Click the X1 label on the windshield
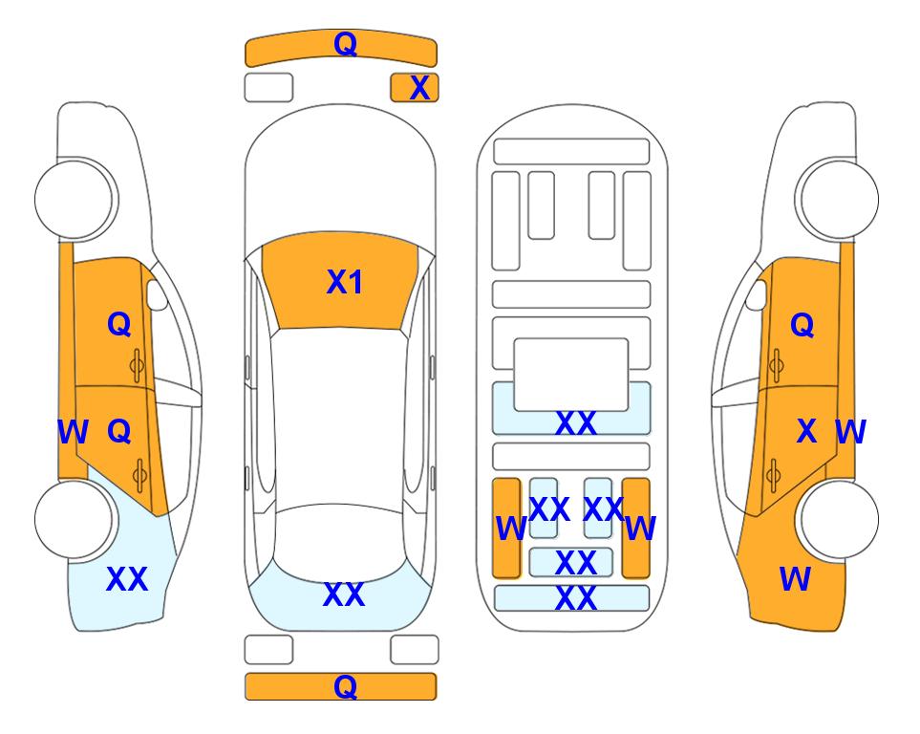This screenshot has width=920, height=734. tap(345, 282)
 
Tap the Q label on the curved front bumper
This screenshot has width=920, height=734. tap(346, 43)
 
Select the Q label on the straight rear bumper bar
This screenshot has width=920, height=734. tap(346, 686)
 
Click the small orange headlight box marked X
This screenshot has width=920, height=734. tap(415, 88)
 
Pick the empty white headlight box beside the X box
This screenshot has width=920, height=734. tap(268, 88)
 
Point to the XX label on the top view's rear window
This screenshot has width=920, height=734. tap(344, 594)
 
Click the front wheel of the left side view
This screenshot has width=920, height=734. tap(75, 200)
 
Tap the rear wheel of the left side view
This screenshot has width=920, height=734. tap(75, 519)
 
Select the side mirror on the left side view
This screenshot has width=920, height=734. tap(157, 294)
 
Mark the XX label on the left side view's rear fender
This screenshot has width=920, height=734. tap(127, 579)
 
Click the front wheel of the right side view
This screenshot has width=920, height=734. tap(838, 200)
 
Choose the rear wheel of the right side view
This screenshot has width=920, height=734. tap(838, 519)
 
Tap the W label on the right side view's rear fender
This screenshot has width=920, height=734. tap(795, 579)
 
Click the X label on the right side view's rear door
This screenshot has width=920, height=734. tap(806, 431)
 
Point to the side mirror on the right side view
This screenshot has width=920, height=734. tap(757, 294)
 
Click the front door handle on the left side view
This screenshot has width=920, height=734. tap(137, 366)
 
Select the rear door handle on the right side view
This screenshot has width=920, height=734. tap(775, 475)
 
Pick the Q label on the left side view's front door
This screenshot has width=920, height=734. tap(119, 324)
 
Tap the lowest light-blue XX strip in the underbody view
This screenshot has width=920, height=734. tap(572, 598)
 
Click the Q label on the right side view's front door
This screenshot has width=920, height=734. tap(802, 325)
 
